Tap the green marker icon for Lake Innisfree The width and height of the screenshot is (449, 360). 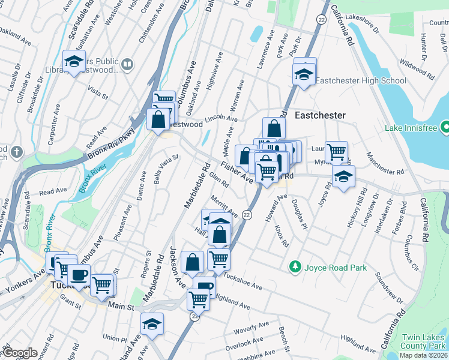click(x=444, y=127)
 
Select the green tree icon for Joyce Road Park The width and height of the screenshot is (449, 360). click(x=295, y=266)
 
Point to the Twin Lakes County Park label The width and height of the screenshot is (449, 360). click(x=424, y=342)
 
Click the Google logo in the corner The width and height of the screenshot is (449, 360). click(x=20, y=353)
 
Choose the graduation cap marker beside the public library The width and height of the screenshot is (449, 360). click(x=74, y=62)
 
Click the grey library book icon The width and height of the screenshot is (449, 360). click(x=127, y=64)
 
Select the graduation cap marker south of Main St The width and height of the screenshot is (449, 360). click(x=152, y=324)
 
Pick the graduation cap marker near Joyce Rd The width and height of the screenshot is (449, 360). click(x=343, y=176)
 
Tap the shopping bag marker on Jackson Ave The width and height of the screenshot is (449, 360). click(x=193, y=262)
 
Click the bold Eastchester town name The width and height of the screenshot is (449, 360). click(x=320, y=115)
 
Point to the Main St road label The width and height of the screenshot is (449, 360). click(x=119, y=305)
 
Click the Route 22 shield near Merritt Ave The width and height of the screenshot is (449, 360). click(x=247, y=215)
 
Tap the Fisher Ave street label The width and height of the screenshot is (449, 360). click(x=237, y=171)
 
